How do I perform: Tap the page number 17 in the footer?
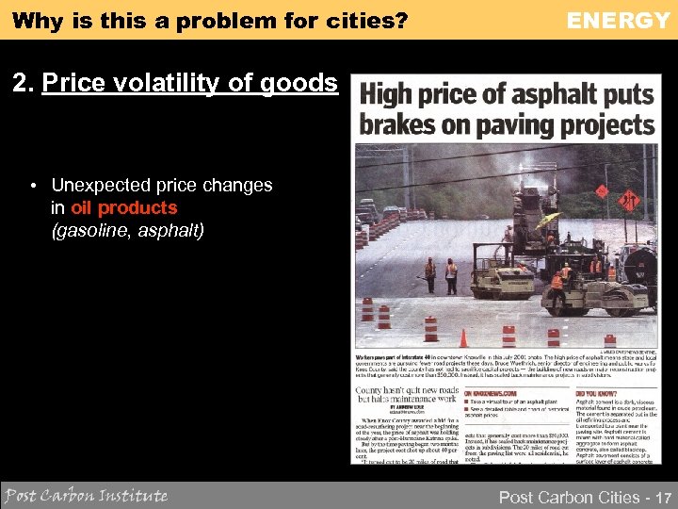[x=664, y=497]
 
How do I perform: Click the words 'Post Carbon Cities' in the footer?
[x=567, y=497]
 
